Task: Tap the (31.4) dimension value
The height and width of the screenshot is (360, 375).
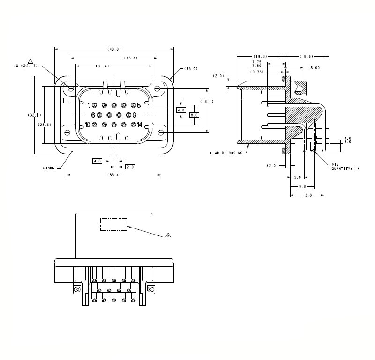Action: click(102, 66)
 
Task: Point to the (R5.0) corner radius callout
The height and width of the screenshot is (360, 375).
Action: click(191, 69)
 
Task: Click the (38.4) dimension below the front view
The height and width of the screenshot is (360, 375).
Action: click(114, 175)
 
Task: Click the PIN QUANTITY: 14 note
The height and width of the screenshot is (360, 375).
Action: click(346, 167)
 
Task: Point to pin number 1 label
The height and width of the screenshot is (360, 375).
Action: click(89, 105)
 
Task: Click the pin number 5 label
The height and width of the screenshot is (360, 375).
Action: click(139, 105)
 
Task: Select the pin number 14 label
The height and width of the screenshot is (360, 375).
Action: click(139, 125)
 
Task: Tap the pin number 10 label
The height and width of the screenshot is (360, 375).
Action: click(87, 125)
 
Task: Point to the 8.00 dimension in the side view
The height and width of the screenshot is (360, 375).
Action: click(315, 68)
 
